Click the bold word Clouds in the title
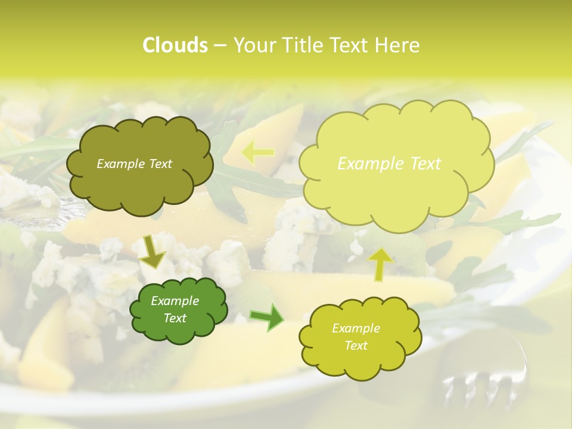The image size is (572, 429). pyautogui.click(x=175, y=45)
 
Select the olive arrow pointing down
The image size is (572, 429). pyautogui.click(x=153, y=251)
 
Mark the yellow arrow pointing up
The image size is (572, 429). pyautogui.click(x=381, y=263)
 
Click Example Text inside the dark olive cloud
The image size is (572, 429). pyautogui.click(x=134, y=164)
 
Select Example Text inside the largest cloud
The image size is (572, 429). pyautogui.click(x=389, y=164)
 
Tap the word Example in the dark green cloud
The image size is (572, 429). pyautogui.click(x=175, y=301)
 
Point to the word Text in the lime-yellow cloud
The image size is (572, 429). pyautogui.click(x=356, y=346)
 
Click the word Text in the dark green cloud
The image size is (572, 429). pyautogui.click(x=175, y=318)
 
